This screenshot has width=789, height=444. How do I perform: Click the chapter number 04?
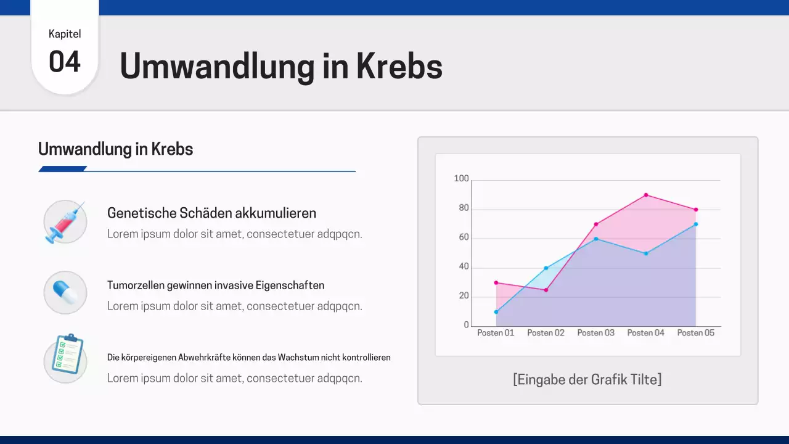tap(65, 62)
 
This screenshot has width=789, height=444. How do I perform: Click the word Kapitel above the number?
tap(65, 34)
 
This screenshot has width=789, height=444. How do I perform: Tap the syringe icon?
tap(65, 221)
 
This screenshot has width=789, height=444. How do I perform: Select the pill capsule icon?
tap(65, 292)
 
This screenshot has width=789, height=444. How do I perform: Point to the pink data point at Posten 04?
tap(646, 195)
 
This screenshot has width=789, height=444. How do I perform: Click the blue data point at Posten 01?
tap(496, 312)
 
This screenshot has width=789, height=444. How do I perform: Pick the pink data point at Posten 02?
tap(546, 290)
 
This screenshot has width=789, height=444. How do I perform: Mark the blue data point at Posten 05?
tap(696, 224)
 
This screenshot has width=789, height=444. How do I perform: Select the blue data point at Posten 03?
tap(596, 239)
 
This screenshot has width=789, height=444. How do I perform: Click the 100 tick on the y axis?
tap(461, 179)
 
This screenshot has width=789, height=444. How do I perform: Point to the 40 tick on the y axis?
tap(464, 267)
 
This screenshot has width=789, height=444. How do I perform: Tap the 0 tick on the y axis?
tap(466, 325)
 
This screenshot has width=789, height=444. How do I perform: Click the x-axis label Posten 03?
tap(595, 333)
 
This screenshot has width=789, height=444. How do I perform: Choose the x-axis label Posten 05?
tap(695, 333)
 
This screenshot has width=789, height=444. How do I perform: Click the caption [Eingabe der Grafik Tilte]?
tap(587, 379)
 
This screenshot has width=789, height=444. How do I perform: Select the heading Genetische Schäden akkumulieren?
tap(211, 213)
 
